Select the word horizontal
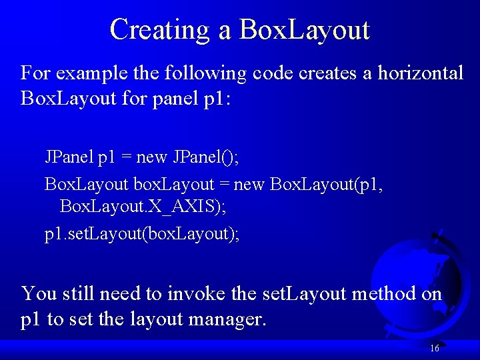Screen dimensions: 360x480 coord(420,73)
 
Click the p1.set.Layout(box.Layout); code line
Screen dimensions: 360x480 coord(125,234)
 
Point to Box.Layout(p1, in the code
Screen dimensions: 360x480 coord(326,185)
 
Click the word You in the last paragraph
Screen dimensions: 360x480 coord(39,293)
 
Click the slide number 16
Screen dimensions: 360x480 coord(434,348)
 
